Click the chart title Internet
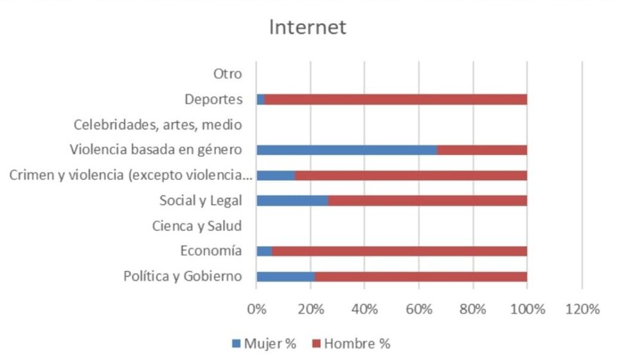pos(308,28)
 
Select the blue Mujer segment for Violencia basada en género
pos(346,150)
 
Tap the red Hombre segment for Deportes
pos(395,100)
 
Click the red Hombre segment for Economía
pos(399,251)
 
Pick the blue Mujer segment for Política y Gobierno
pos(285,276)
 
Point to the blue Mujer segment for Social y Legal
pos(292,201)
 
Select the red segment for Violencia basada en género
pos(482,150)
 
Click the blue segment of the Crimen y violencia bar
pos(275,175)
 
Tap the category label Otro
pos(228,74)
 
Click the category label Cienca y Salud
pos(197,226)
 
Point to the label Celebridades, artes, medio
pos(157,125)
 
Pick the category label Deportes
pos(213,100)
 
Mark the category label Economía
pos(211,251)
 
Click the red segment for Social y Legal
pos(427,201)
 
